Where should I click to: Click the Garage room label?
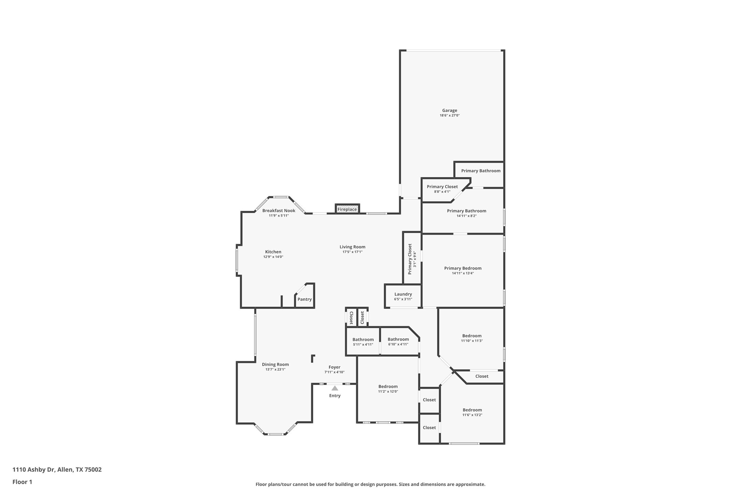click(449, 111)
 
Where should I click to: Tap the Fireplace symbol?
click(347, 209)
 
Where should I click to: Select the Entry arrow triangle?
click(335, 388)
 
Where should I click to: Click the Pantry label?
click(304, 299)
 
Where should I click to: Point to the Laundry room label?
click(403, 294)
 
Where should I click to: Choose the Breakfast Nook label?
click(278, 210)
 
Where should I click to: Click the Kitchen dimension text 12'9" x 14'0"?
click(273, 257)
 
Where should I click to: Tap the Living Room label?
click(352, 247)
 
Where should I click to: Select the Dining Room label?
click(275, 364)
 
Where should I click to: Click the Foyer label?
click(334, 367)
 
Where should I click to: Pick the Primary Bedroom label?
click(463, 268)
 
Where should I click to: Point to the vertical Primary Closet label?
click(410, 259)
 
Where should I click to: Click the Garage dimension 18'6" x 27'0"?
click(449, 116)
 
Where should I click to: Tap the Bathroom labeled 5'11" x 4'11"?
click(363, 339)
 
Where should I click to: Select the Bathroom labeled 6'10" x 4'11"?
click(398, 339)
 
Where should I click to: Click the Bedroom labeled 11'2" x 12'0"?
click(388, 387)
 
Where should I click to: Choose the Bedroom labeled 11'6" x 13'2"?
click(472, 410)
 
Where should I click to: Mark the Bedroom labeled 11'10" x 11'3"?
click(472, 336)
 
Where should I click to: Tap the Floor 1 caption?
click(22, 482)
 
